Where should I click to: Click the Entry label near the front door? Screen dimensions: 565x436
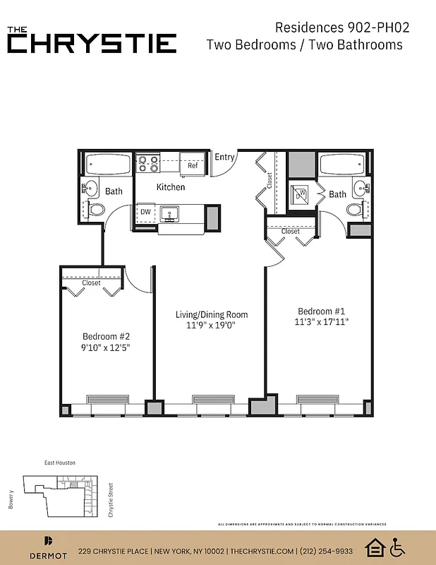[224, 157]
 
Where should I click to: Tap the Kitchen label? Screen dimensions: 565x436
[171, 187]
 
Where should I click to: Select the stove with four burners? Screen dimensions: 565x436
[148, 164]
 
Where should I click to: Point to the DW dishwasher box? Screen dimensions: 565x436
[145, 212]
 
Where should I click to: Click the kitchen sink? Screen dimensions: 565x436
[169, 213]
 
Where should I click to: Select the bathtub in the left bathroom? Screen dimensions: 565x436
[108, 165]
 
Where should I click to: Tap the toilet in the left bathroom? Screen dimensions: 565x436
[95, 209]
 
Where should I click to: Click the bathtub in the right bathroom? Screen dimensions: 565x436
[342, 165]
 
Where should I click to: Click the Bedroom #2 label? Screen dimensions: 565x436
[107, 336]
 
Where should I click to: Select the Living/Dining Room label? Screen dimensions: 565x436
[212, 315]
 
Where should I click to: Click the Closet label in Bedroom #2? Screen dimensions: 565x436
[92, 283]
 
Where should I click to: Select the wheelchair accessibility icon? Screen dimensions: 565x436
[398, 547]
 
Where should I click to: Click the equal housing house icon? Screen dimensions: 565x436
[374, 547]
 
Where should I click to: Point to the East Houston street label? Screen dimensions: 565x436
[59, 463]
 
